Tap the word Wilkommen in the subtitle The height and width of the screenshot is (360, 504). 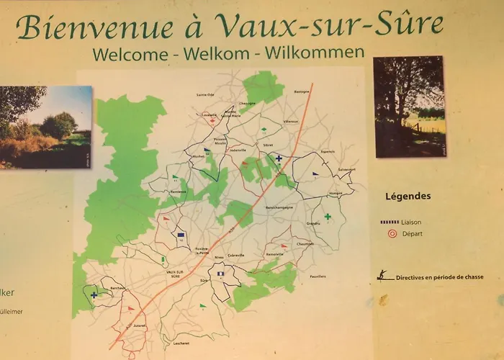point(315,52)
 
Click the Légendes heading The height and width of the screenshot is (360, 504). point(408,195)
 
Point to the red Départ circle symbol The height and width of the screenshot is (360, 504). point(392,233)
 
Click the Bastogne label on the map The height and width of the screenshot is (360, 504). point(301,92)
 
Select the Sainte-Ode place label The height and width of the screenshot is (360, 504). point(206,94)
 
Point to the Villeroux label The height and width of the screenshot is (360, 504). point(291,122)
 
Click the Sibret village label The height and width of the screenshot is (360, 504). point(269,145)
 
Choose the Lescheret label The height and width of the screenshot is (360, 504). point(181,343)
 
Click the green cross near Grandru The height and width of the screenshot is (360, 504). point(328,217)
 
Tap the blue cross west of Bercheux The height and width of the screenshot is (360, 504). point(94,294)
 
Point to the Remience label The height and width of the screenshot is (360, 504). point(178,192)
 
